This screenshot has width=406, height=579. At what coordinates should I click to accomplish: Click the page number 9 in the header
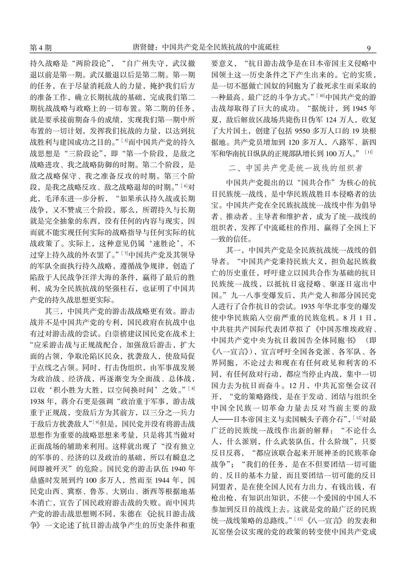pos(369,48)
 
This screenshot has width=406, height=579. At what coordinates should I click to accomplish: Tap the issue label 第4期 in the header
pos(41,48)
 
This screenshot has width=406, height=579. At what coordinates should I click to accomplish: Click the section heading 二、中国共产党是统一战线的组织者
pos(296,168)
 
